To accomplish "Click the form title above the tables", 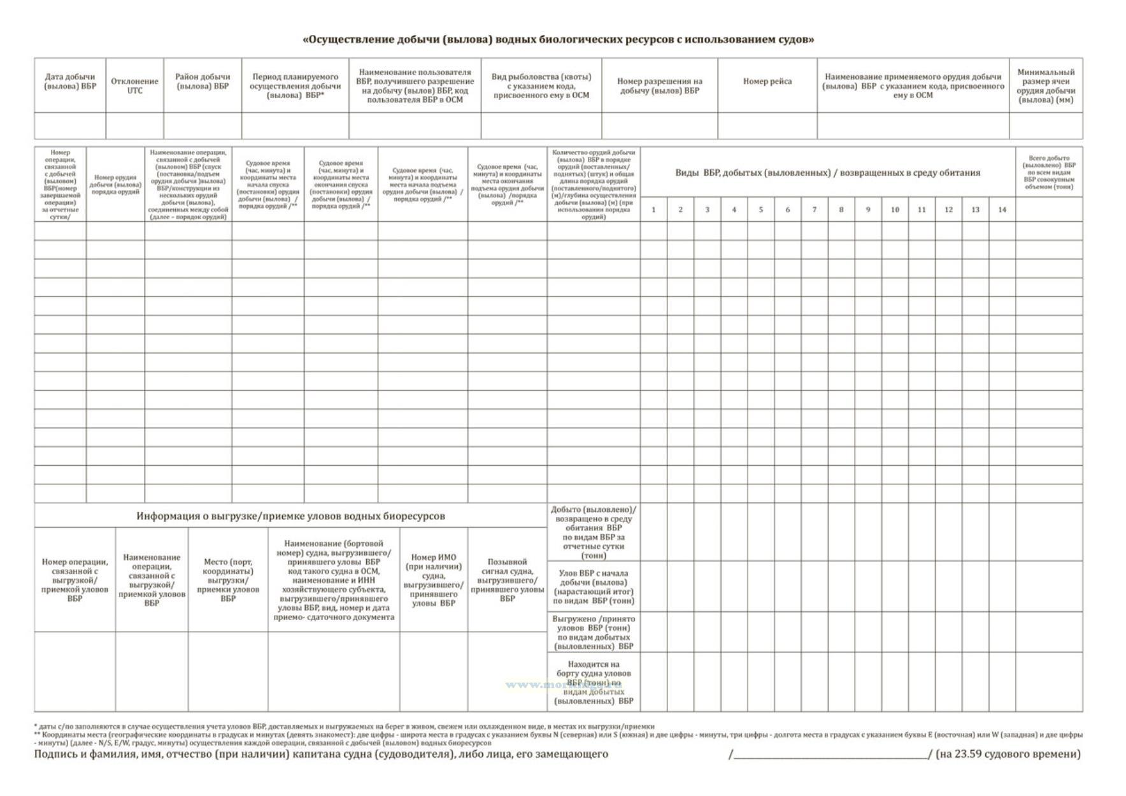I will pyautogui.click(x=558, y=40).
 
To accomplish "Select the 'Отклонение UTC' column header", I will pyautogui.click(x=134, y=86).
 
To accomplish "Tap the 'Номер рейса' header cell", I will pyautogui.click(x=767, y=82).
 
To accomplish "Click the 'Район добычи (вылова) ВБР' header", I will pyautogui.click(x=203, y=82).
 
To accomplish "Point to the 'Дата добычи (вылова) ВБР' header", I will pyautogui.click(x=70, y=82).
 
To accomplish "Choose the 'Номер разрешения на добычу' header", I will pyautogui.click(x=659, y=86).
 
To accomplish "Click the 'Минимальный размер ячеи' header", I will pyautogui.click(x=1045, y=86).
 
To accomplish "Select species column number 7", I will pyautogui.click(x=814, y=210).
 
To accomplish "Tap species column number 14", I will pyautogui.click(x=1002, y=210).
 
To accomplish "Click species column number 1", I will pyautogui.click(x=653, y=210).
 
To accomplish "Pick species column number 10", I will pyautogui.click(x=894, y=210).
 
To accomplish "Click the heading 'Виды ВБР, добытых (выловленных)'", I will pyautogui.click(x=827, y=173).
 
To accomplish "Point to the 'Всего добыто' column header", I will pyautogui.click(x=1048, y=172).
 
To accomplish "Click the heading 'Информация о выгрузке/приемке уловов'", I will pyautogui.click(x=290, y=516).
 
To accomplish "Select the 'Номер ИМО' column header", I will pyautogui.click(x=433, y=580).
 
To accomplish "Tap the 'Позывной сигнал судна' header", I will pyautogui.click(x=507, y=580).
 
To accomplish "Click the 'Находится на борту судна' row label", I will pyautogui.click(x=594, y=683).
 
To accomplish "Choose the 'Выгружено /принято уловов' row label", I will pyautogui.click(x=594, y=632).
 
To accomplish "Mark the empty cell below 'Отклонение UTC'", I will pyautogui.click(x=134, y=126).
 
